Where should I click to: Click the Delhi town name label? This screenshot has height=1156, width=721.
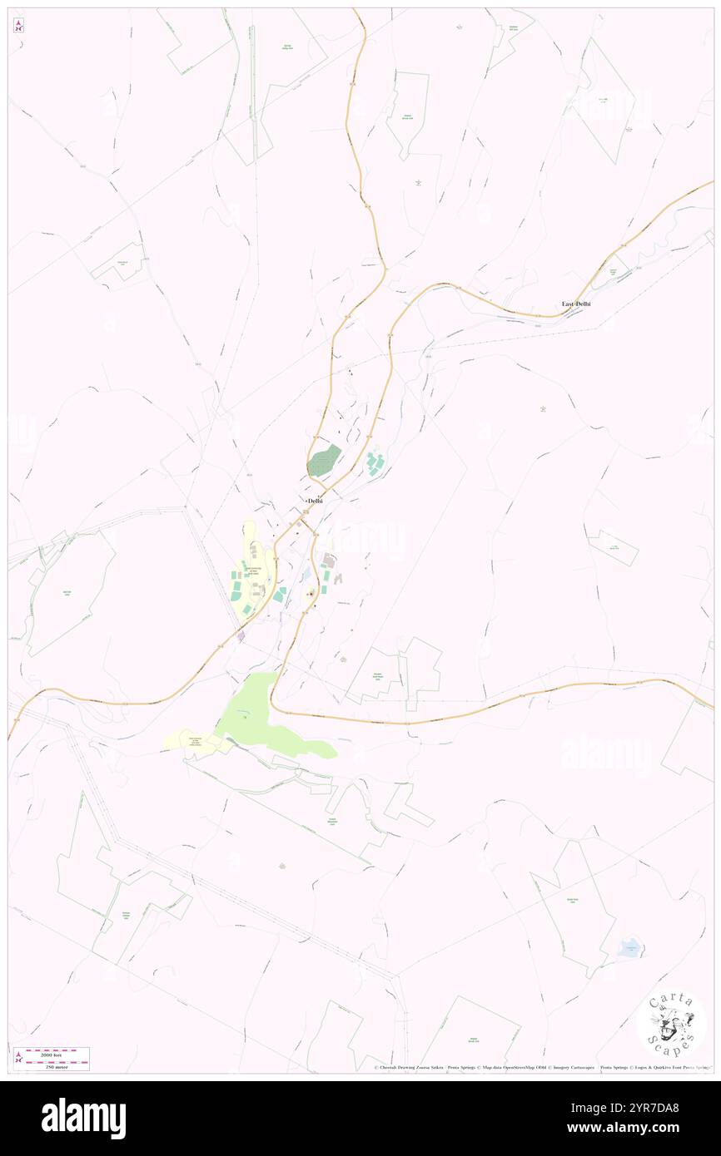tap(316, 501)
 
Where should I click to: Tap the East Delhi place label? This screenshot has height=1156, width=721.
tap(576, 304)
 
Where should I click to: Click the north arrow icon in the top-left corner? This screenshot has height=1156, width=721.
tap(18, 25)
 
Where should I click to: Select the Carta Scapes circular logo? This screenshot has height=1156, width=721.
tap(671, 1024)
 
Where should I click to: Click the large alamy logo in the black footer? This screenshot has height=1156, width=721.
tap(84, 1119)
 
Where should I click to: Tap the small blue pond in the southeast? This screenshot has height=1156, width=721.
tap(631, 946)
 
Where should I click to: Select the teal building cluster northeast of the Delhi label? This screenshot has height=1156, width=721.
tap(375, 463)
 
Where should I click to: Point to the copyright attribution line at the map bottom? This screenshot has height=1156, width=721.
tap(541, 1068)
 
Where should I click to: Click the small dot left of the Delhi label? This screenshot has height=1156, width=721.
tap(306, 501)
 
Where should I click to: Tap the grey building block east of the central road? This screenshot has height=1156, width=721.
tap(329, 561)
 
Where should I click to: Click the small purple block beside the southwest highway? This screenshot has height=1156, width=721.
tap(241, 636)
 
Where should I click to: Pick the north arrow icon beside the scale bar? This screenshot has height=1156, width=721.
tap(18, 1058)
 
